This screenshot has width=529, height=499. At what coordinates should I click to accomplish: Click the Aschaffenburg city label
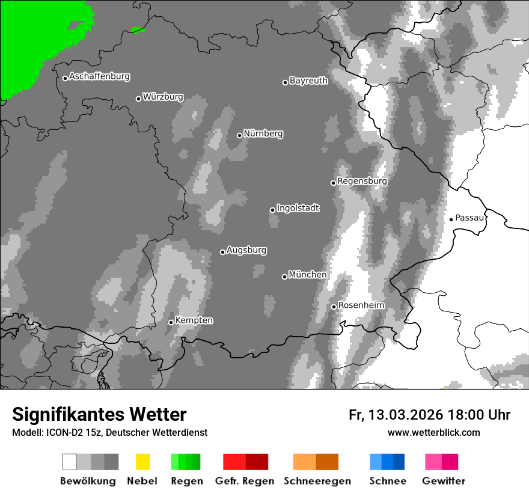tap(99, 77)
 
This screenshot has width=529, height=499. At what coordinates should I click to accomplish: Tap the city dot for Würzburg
tap(138, 99)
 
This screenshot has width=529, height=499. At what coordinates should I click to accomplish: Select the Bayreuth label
tap(308, 81)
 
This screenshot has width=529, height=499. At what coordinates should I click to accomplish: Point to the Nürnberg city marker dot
tap(239, 135)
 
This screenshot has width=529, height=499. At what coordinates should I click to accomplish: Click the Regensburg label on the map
tap(362, 181)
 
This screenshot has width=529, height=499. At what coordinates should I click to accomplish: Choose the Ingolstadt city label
tap(298, 209)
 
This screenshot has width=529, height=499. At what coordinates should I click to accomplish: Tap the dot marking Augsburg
tap(222, 252)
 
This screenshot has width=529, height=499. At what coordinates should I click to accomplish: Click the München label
tap(308, 275)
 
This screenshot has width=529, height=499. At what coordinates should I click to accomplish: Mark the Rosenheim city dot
tap(334, 307)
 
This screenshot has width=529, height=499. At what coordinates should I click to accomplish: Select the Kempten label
tap(194, 320)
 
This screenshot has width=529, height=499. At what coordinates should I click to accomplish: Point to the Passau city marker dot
tap(451, 219)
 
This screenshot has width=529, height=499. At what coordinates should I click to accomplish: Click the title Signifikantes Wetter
tap(99, 415)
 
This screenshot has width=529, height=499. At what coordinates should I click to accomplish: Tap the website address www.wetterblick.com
tap(434, 432)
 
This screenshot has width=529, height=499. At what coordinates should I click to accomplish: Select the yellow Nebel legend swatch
tap(142, 462)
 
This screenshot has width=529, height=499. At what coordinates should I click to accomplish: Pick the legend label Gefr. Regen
tap(244, 481)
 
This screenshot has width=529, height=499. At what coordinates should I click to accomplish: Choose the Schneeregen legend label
tap(317, 481)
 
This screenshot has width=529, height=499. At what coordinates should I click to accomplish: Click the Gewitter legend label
tap(444, 481)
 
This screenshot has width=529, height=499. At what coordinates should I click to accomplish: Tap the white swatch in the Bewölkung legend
tap(70, 462)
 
